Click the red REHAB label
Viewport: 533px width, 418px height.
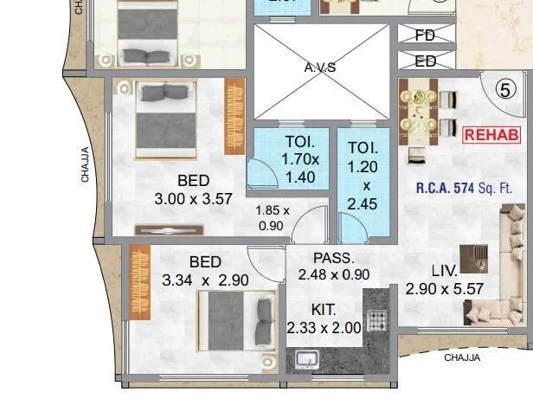[x=492, y=135]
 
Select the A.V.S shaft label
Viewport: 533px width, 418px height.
[x=320, y=68]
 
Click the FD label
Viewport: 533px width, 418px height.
[x=425, y=35]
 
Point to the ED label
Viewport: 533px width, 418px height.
[x=425, y=61]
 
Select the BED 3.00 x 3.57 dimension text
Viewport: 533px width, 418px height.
[x=193, y=190]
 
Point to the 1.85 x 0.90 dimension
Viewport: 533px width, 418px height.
[x=273, y=218]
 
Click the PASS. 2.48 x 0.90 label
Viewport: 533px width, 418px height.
[x=333, y=266]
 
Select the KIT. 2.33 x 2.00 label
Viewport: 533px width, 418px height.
[x=323, y=318]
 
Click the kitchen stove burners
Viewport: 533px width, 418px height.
[x=377, y=320]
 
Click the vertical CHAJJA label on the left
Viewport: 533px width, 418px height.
[x=86, y=164]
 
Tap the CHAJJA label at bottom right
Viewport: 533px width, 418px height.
[x=462, y=357]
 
